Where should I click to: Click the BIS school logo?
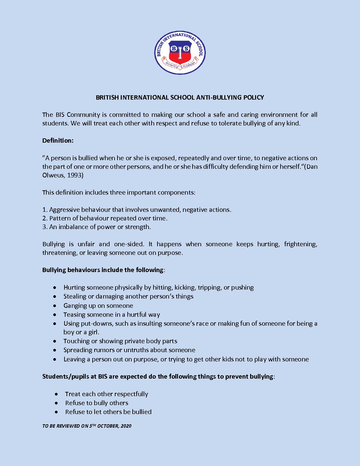180,53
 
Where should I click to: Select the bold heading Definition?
58,141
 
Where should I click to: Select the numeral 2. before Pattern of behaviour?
45,218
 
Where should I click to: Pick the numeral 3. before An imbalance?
45,227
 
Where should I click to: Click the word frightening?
300,244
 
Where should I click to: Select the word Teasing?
74,315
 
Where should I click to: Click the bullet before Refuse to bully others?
57,403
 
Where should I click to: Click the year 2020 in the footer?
126,426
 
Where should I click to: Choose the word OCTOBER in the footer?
108,426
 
